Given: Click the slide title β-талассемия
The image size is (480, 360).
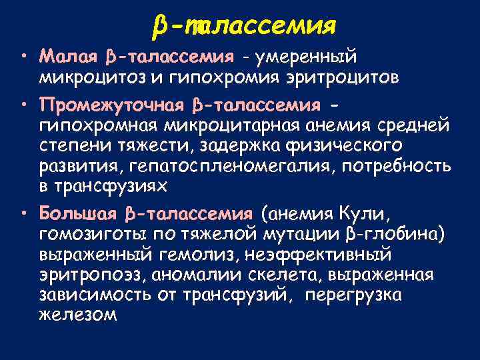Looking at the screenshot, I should pos(243,26).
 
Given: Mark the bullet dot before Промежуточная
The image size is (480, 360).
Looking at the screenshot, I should pos(25,105).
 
